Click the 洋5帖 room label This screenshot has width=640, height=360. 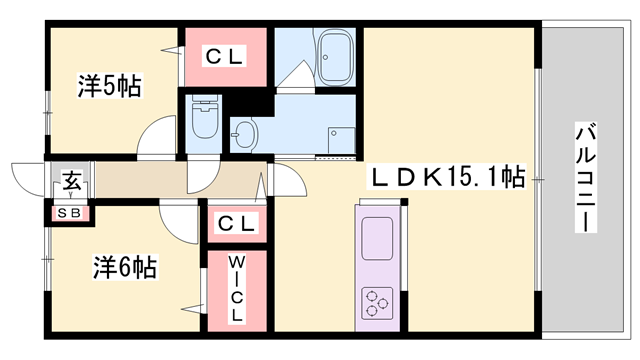tap(110, 86)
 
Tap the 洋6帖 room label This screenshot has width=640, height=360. tap(125, 268)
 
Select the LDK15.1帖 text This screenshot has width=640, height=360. tap(450, 178)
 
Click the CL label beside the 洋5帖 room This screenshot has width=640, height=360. tap(225, 57)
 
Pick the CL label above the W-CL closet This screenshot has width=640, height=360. tap(237, 222)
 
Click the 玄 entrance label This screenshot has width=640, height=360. tap(71, 182)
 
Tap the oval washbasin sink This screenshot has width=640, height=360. tap(245, 129)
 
